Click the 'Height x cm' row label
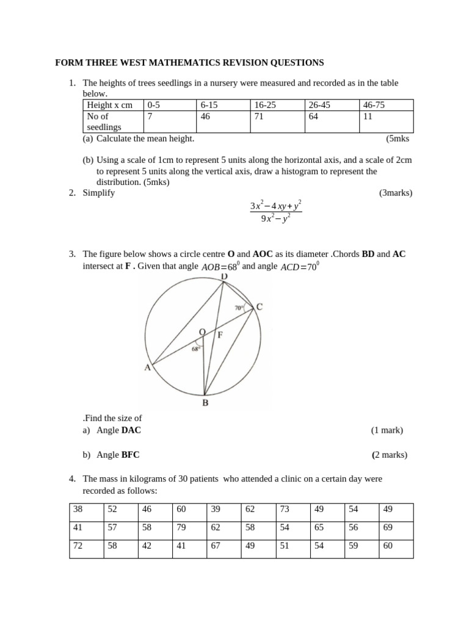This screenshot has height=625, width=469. pyautogui.click(x=110, y=105)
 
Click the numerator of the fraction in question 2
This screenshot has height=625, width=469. pyautogui.click(x=276, y=206)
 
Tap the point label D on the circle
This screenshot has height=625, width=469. pyautogui.click(x=224, y=277)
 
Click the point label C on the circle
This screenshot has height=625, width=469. pyautogui.click(x=260, y=308)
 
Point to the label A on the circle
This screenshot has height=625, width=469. pyautogui.click(x=147, y=367)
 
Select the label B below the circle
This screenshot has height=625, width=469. pyautogui.click(x=205, y=403)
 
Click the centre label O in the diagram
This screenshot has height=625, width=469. pyautogui.click(x=202, y=332)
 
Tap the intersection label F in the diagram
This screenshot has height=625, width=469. pyautogui.click(x=220, y=334)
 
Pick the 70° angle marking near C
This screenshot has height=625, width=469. pyautogui.click(x=239, y=308)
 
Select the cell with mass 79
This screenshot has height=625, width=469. pyautogui.click(x=181, y=528)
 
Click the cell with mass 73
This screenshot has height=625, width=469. pyautogui.click(x=285, y=509)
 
